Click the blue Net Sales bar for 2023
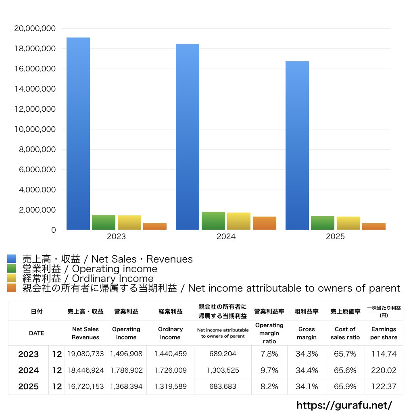click(78, 133)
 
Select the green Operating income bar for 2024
click(213, 221)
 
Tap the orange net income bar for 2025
click(373, 226)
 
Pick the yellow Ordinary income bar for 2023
click(129, 223)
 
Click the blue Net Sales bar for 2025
click(297, 145)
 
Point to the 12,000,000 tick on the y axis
click(35, 109)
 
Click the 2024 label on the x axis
click(226, 237)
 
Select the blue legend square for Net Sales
click(11, 259)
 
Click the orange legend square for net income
click(11, 288)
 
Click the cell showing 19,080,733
click(86, 354)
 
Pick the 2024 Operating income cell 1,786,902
click(126, 370)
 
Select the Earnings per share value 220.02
click(384, 370)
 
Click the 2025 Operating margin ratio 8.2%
click(269, 386)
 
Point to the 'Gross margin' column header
click(307, 333)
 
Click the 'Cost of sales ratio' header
click(345, 333)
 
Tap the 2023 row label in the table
click(29, 354)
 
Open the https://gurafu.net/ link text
click(344, 405)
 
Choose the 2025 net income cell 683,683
click(223, 386)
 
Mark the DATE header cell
click(36, 333)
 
